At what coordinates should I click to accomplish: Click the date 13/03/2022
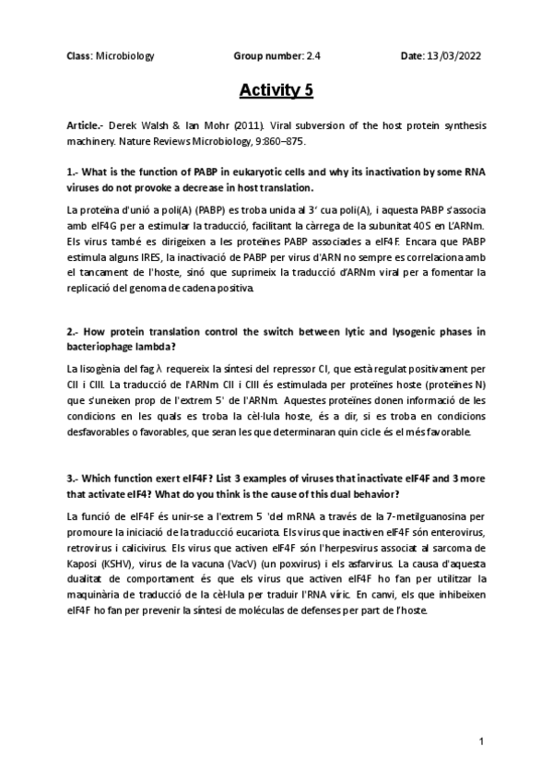457,56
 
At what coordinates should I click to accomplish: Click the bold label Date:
412,56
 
